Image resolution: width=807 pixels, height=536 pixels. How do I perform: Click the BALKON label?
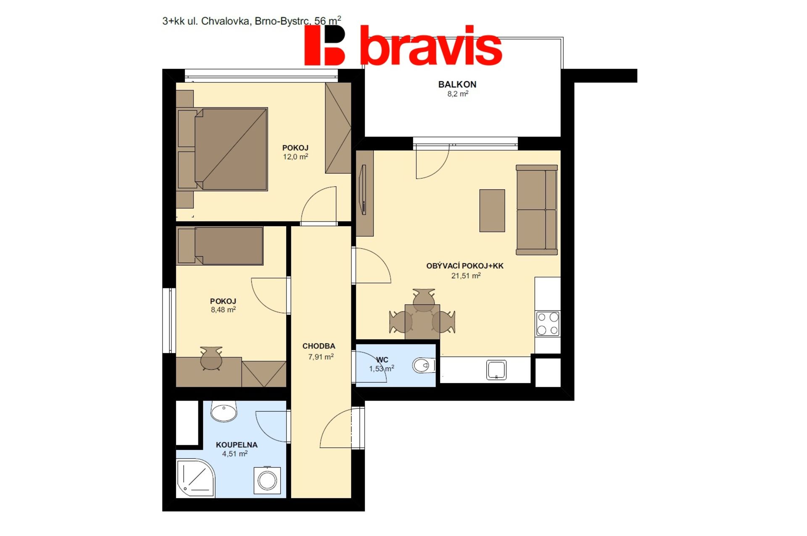pos(457,84)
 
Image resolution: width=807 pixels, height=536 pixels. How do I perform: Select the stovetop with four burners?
pos(548,323)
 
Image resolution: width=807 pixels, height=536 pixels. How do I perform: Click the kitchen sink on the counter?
pos(496,370)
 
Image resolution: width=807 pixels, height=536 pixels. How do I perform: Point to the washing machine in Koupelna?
pos(267,480)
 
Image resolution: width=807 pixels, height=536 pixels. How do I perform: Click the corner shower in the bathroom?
pos(195,478)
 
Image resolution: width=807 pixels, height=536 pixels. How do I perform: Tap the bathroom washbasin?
pos(224,411)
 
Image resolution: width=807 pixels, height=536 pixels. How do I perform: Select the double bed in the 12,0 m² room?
pos(222,149)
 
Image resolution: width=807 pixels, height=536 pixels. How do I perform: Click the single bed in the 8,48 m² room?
pos(220,246)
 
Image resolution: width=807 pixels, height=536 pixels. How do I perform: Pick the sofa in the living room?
pos(537,210)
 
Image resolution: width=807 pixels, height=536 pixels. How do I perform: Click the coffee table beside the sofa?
pos(492,211)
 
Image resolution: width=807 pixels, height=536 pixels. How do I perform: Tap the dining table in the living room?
pos(422,322)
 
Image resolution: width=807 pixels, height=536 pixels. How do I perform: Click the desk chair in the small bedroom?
pos(211,358)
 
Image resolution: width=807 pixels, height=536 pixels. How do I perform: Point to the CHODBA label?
pos(319,346)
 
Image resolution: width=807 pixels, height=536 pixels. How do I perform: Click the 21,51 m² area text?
pos(466,276)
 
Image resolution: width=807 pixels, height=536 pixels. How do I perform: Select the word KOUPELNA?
pos(237,445)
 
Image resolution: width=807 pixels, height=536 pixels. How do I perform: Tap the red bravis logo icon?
pos(324,45)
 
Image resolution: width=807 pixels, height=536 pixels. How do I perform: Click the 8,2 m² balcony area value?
pos(458,94)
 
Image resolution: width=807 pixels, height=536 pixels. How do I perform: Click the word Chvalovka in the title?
pos(225,21)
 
